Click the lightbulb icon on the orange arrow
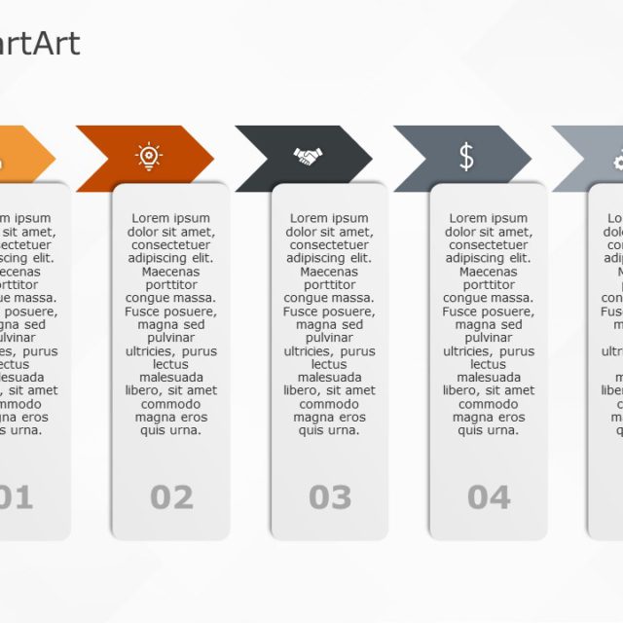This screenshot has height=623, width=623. tap(148, 156)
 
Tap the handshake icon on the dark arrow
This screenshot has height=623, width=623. tap(308, 156)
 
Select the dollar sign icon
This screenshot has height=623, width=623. tap(466, 156)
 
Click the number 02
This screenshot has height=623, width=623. tap(171, 497)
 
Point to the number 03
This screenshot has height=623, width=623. tap(330, 497)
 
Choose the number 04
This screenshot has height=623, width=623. tap(489, 497)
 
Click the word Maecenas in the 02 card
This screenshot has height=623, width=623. tap(170, 272)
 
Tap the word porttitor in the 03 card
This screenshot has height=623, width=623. tap(329, 285)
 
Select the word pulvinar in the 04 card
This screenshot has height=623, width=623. tap(488, 338)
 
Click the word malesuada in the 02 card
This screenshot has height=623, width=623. tap(170, 377)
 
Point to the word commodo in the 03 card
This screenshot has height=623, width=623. tap(329, 404)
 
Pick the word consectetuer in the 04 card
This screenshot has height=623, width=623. tap(488, 245)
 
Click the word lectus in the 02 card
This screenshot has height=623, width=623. tap(170, 364)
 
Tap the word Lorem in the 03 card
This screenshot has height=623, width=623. tap(308, 218)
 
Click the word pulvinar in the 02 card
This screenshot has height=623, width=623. tap(170, 338)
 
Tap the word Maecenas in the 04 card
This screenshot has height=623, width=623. tap(488, 272)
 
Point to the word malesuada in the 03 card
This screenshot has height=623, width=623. tap(329, 377)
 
